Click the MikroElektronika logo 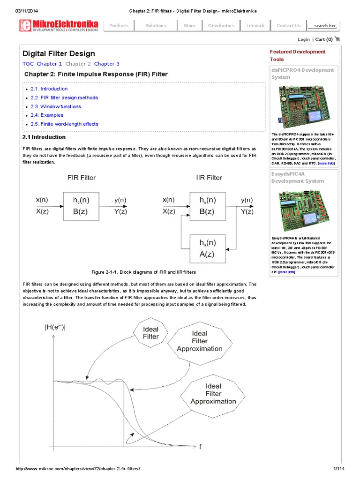point(58,25)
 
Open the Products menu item point(119,26)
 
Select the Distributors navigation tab point(221,26)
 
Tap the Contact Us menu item point(289,26)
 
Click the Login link point(303,40)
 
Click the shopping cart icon point(337,39)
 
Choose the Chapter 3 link point(107,64)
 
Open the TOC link point(28,64)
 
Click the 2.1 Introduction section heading point(44,137)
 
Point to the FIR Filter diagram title point(82,178)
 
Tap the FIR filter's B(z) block point(82,206)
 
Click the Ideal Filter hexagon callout point(151,332)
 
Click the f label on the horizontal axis point(200,447)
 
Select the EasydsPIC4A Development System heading point(298,177)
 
